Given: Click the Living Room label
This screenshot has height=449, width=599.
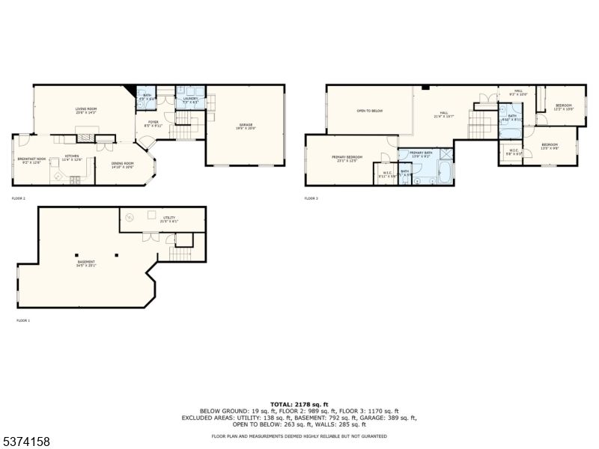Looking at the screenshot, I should (85, 109).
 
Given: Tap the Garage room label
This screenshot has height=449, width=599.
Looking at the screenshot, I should (246, 126).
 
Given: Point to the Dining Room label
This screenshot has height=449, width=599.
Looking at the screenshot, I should (123, 165).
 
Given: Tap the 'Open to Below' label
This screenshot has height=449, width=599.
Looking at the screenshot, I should (369, 111).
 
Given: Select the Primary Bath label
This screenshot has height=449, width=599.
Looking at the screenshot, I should (421, 153).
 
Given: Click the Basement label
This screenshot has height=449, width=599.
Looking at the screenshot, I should (86, 263).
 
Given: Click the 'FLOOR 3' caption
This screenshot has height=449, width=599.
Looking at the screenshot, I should (311, 198).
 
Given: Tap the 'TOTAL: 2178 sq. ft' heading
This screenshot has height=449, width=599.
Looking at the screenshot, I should (299, 403).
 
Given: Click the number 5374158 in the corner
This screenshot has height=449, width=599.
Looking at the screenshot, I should (26, 442).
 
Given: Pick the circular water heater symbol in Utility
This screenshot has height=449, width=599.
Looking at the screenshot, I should (129, 218).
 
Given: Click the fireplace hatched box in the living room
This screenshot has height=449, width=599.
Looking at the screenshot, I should (88, 138).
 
